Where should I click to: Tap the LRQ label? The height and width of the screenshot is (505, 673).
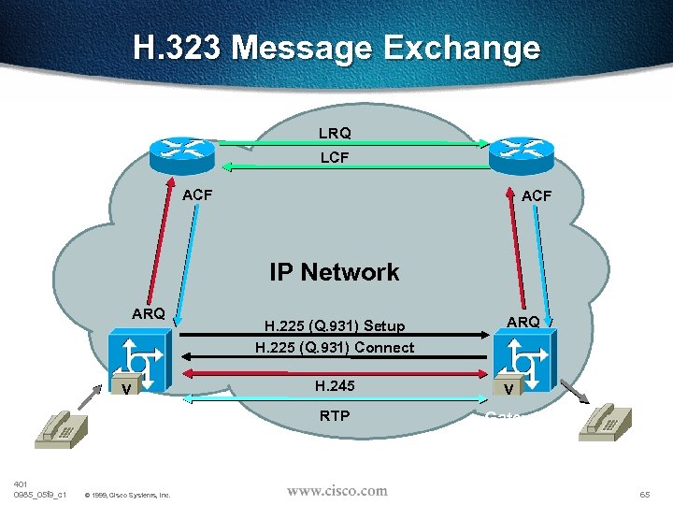tap(335, 135)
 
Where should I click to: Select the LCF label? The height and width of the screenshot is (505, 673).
tap(335, 158)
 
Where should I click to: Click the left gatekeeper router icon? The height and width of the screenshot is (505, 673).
tap(183, 149)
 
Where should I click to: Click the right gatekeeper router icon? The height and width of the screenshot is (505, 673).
tap(522, 149)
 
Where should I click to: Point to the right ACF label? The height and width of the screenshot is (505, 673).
tap(537, 196)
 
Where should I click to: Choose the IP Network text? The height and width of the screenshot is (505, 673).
tap(335, 272)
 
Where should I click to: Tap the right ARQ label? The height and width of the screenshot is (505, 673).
tap(523, 322)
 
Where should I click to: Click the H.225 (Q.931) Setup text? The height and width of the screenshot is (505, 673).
tap(335, 326)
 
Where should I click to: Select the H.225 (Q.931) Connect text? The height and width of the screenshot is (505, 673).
tap(335, 348)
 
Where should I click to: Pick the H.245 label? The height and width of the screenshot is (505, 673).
tap(335, 385)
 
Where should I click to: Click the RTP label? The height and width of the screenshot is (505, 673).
tap(335, 415)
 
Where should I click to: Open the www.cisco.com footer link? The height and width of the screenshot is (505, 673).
tap(336, 490)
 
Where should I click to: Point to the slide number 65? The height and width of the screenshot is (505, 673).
tap(645, 493)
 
